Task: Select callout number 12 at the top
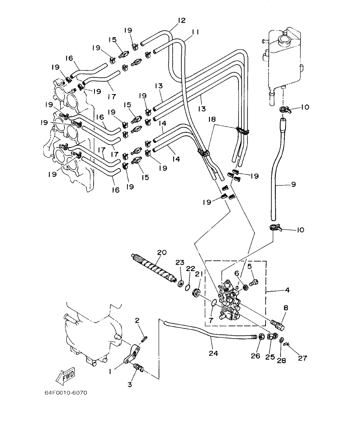click(181, 20)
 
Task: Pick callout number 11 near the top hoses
click(196, 32)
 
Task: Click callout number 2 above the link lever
click(138, 320)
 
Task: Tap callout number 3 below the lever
click(130, 384)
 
